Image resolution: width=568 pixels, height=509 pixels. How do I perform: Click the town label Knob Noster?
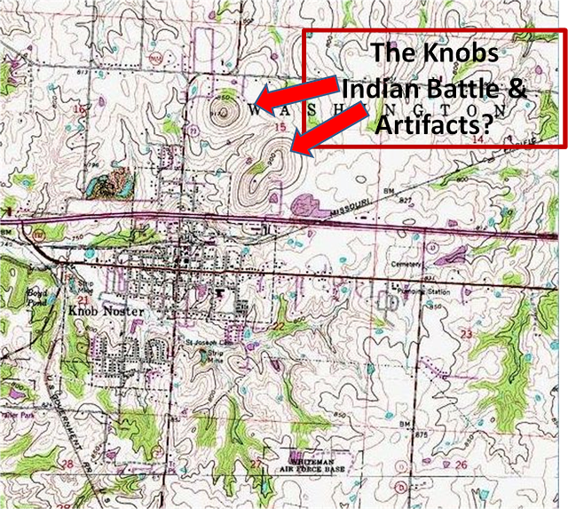(x=99, y=313)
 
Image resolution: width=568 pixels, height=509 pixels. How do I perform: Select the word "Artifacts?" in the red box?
(x=434, y=125)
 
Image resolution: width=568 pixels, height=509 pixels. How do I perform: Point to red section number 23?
(x=467, y=332)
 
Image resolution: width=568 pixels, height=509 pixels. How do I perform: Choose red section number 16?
(x=80, y=108)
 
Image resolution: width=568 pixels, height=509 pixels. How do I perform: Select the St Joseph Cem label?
(x=200, y=342)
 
